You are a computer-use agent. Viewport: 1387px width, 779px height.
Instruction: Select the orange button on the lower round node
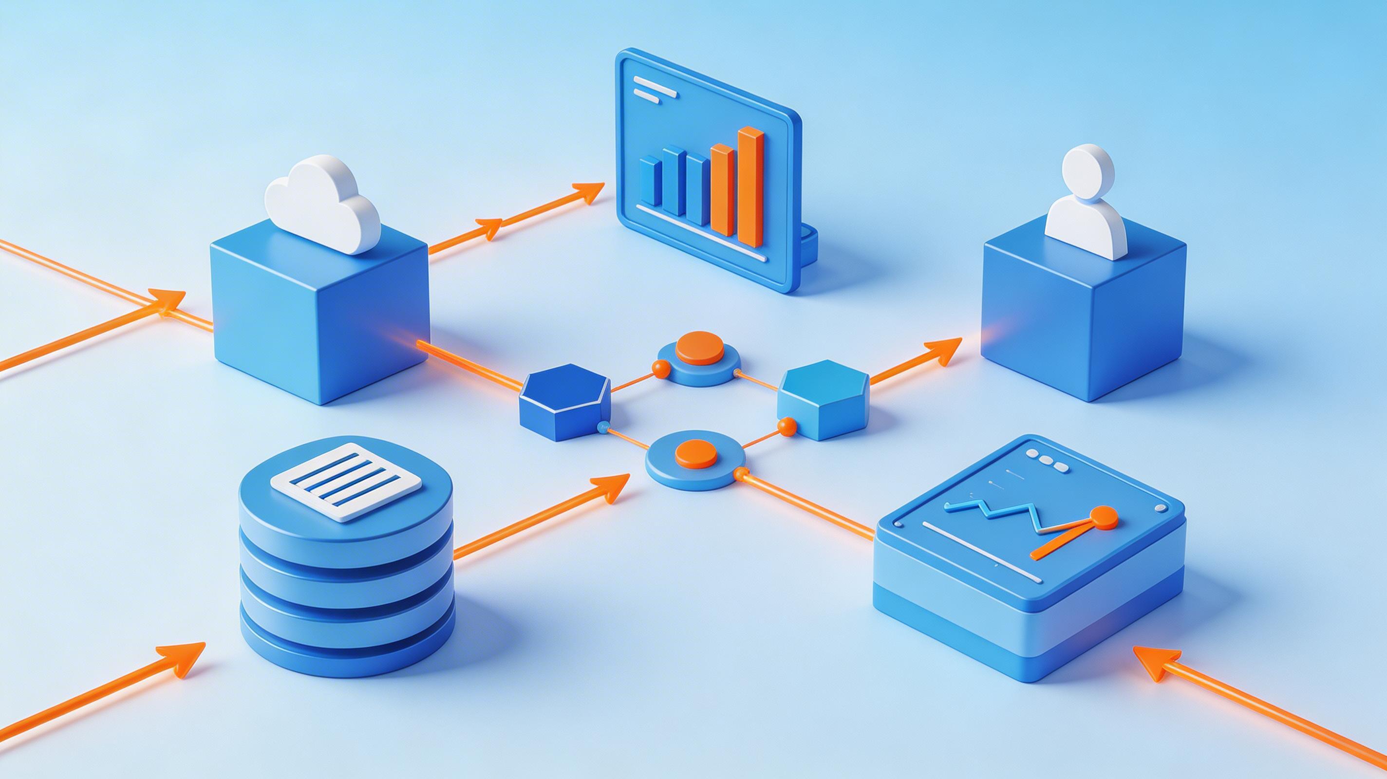[695, 453]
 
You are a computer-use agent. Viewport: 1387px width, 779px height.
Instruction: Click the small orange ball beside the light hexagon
[787, 426]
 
